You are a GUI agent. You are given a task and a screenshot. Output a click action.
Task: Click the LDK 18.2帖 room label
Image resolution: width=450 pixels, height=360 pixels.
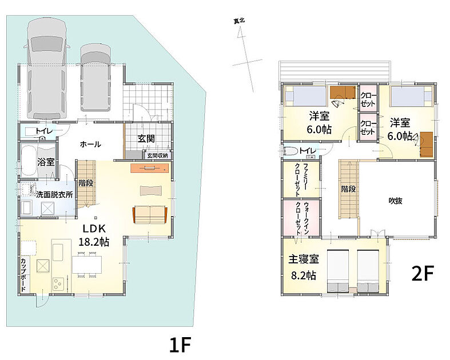94,235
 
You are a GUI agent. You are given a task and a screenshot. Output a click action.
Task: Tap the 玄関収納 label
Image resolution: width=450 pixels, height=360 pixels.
158,156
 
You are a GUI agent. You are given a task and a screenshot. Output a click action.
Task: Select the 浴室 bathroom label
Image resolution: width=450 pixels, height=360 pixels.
46,162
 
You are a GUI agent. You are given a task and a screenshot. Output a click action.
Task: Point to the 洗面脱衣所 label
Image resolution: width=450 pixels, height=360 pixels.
54,195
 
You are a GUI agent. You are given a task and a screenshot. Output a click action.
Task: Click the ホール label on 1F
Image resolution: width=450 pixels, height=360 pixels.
90,144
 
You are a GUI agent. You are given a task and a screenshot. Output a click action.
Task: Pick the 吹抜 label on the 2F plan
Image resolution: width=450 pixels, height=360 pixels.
396,201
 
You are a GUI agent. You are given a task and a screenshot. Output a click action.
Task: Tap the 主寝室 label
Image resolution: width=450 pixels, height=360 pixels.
304,259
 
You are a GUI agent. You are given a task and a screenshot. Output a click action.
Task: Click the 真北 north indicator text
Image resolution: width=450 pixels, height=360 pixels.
239,21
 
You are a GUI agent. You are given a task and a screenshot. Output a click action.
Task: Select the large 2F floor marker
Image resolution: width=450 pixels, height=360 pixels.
423,273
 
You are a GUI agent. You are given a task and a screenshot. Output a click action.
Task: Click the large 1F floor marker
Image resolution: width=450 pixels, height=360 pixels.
180,345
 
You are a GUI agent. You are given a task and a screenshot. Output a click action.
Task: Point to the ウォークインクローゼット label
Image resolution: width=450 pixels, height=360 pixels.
302,219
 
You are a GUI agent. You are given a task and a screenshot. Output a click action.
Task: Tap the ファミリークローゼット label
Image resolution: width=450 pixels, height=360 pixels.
301,180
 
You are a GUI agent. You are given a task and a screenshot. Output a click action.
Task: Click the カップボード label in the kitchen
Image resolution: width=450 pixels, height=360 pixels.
23,275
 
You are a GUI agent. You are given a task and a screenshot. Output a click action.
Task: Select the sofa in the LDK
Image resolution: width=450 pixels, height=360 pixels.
150,214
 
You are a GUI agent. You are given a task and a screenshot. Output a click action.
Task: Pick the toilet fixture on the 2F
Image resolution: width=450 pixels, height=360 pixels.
290,151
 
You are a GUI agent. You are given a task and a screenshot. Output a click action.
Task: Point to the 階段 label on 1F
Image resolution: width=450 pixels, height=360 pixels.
86,183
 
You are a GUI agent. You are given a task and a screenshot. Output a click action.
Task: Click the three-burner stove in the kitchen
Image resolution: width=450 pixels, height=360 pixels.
58,283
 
